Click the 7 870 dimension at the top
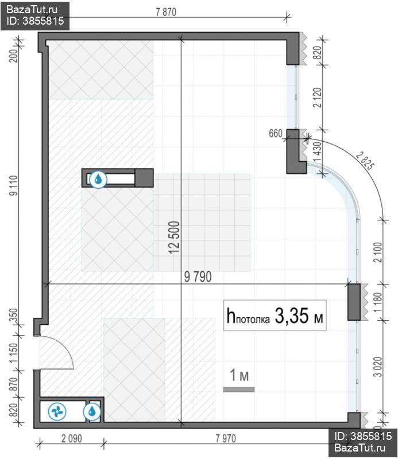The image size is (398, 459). pos(166,12)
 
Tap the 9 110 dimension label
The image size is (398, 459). pos(13,185)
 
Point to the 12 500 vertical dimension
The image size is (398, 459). pos(174,238)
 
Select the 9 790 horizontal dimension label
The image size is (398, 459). pos(198,277)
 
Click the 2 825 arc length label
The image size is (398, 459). pos(365,161)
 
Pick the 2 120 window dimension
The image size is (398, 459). pos(317,98)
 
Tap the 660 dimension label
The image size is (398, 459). pos(276,134)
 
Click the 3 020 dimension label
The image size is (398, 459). pos(378,367)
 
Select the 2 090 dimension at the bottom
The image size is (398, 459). pos(72,438)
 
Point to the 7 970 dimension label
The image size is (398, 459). pos(226,438)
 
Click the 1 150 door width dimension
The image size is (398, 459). pos(13,353)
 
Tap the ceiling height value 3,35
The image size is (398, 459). pos(292,316)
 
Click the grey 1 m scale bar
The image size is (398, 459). pos(239,390)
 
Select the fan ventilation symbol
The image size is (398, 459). pos(57,411)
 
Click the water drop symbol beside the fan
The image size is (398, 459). pos(92,411)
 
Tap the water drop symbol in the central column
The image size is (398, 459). pos(98,179)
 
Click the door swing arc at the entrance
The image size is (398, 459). pos(67,348)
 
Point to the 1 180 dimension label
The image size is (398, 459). pos(378,302)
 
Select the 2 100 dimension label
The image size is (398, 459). pos(378,252)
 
